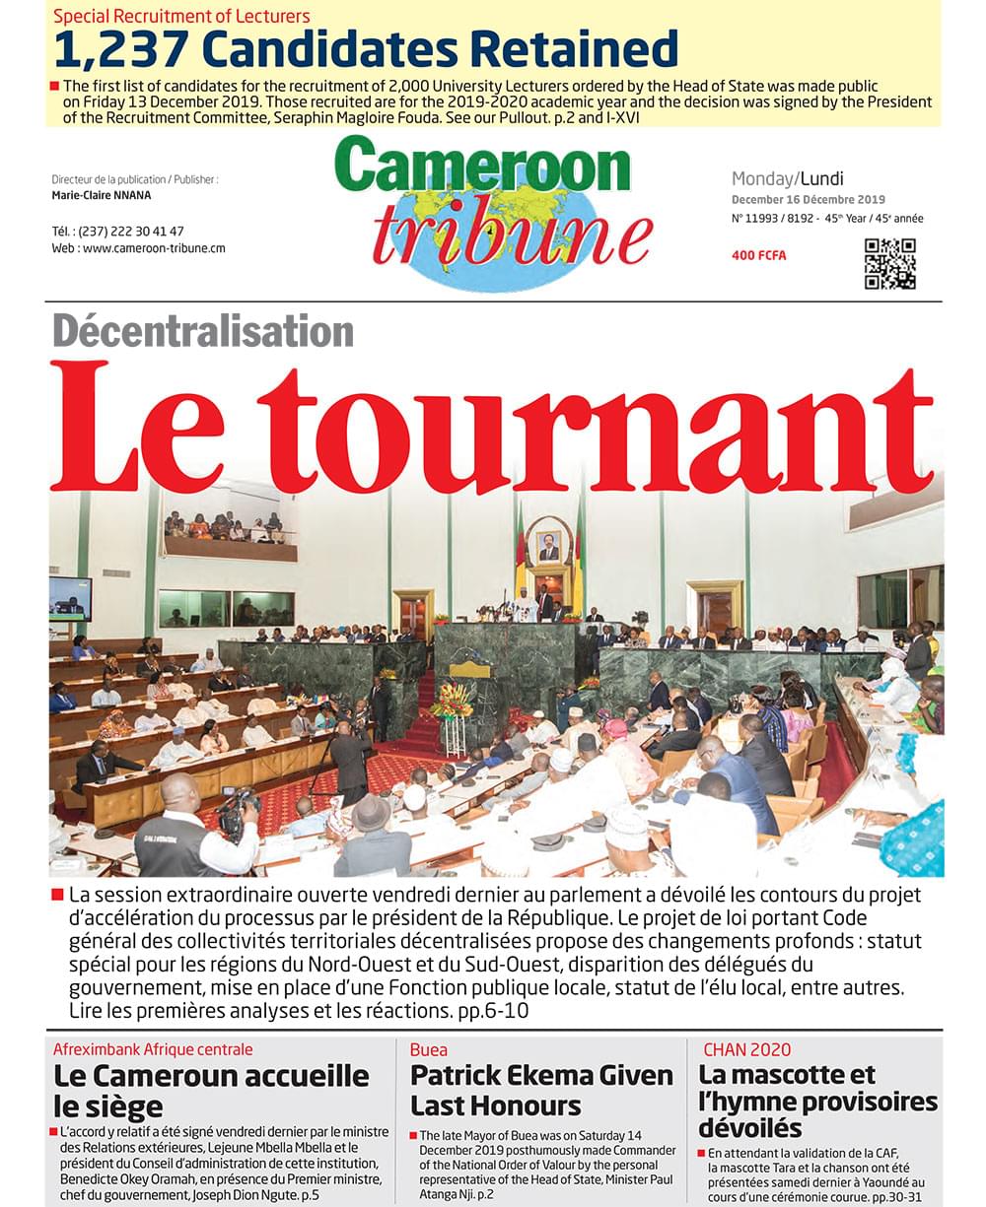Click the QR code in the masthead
point(889,264)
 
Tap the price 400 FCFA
point(758,256)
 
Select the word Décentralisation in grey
point(202,331)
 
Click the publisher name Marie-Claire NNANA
point(102,195)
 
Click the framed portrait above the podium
point(548,541)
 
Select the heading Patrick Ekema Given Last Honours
point(541,1089)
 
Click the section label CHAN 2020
point(746,1049)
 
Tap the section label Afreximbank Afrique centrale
point(153,1049)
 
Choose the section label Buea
point(429,1049)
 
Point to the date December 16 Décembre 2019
point(808,200)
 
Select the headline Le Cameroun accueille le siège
point(211,1089)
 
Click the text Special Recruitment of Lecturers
point(181,16)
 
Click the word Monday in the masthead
point(762,179)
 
